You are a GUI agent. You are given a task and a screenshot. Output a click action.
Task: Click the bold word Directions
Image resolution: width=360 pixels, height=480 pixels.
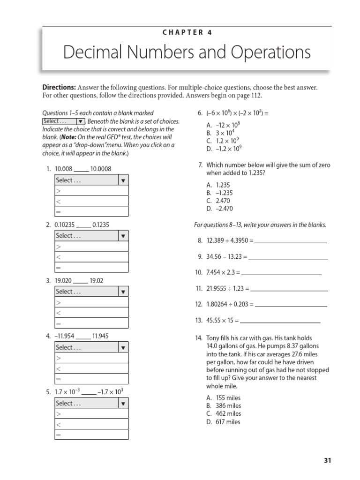click(x=59, y=88)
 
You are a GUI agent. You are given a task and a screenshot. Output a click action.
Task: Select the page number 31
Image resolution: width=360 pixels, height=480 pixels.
click(x=327, y=460)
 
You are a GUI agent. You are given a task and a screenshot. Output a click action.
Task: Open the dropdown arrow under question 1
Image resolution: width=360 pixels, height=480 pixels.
click(x=123, y=180)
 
